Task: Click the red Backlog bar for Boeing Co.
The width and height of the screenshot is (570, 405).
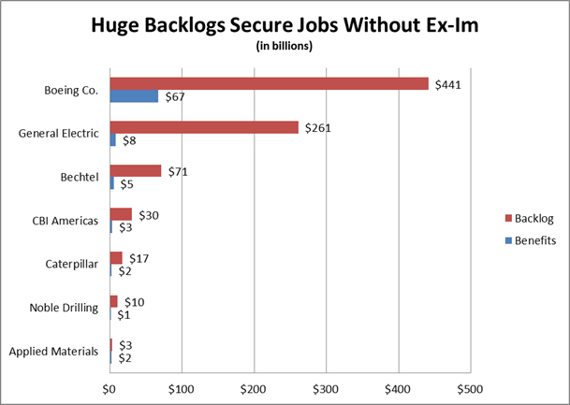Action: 269,83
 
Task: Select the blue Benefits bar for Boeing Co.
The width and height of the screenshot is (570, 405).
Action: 134,95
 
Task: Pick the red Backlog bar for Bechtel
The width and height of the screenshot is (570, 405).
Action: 136,170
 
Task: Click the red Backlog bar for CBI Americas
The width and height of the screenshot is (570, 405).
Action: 121,214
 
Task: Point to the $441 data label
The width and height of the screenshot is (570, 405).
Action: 446,84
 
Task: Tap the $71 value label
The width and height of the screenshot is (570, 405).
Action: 178,171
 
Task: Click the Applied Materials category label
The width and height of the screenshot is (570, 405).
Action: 53,352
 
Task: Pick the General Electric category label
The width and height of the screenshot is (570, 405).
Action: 58,133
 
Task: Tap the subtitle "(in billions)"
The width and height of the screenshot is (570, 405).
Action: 285,46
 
